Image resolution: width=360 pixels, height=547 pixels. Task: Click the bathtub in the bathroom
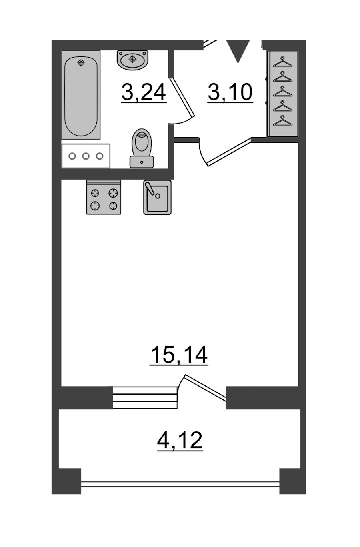click(x=81, y=95)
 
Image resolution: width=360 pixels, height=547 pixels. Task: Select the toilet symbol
click(x=142, y=148)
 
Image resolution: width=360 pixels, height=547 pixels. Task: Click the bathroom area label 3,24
click(x=144, y=92)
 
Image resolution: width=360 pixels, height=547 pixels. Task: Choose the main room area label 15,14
click(x=179, y=355)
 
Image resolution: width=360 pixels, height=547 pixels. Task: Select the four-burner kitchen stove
click(x=104, y=198)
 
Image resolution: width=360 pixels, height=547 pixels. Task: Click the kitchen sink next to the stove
click(x=158, y=198)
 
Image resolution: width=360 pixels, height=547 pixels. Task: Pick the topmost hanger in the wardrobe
click(x=283, y=62)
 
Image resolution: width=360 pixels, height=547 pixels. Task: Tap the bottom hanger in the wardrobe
click(x=283, y=121)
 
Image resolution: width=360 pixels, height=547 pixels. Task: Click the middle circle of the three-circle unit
click(x=86, y=156)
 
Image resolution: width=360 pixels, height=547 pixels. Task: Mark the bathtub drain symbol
click(x=81, y=63)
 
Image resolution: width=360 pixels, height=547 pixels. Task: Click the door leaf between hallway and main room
click(x=229, y=152)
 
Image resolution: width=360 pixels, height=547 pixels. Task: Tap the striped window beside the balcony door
click(x=145, y=398)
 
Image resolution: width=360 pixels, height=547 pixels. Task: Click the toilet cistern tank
click(x=142, y=162)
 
